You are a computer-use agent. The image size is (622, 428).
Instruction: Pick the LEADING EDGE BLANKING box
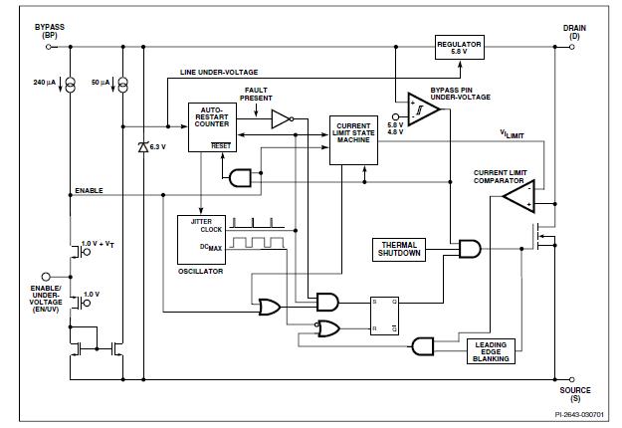(492, 351)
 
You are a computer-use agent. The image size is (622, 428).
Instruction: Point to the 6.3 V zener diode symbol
(144, 147)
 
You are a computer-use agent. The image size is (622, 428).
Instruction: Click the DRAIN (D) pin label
(574, 33)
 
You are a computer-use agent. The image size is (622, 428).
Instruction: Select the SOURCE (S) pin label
(574, 395)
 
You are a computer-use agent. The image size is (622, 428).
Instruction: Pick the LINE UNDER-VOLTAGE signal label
(220, 73)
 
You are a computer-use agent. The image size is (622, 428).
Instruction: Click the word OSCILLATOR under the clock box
(201, 271)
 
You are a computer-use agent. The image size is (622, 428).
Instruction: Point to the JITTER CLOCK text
(206, 226)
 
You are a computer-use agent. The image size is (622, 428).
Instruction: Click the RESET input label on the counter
(221, 145)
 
